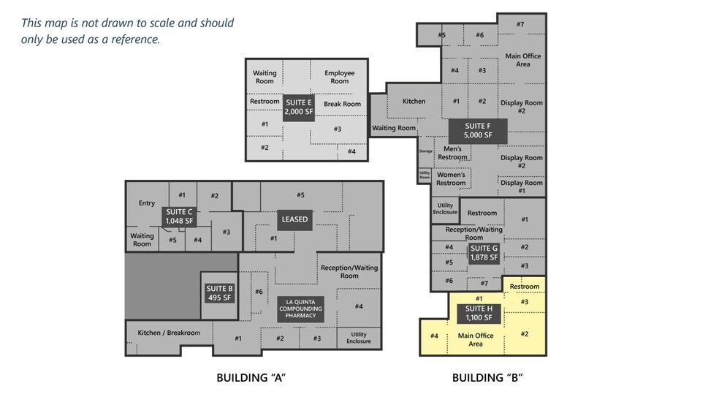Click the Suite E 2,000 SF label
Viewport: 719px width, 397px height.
[x=299, y=107]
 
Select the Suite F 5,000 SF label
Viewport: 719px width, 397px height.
[x=478, y=130]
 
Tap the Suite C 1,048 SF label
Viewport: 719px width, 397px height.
[x=179, y=216]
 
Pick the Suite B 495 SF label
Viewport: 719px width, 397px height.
[x=219, y=292]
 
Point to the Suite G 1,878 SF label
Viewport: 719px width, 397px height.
[x=484, y=252]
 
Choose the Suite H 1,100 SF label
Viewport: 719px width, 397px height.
[x=479, y=314]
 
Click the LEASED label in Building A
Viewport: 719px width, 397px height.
[x=294, y=219]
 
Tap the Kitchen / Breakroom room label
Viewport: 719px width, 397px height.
[x=169, y=333]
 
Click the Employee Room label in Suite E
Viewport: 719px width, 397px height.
[x=339, y=77]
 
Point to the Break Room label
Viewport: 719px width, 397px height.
[x=342, y=104]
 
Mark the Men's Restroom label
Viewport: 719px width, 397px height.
[x=452, y=153]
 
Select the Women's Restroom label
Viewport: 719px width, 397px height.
[x=451, y=179]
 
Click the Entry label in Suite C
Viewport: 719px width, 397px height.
[x=147, y=203]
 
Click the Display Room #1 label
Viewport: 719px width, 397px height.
[x=521, y=186]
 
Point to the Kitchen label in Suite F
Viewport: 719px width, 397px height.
[x=414, y=101]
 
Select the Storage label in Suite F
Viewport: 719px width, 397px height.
[x=425, y=151]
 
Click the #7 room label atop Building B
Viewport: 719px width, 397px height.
[x=520, y=24]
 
